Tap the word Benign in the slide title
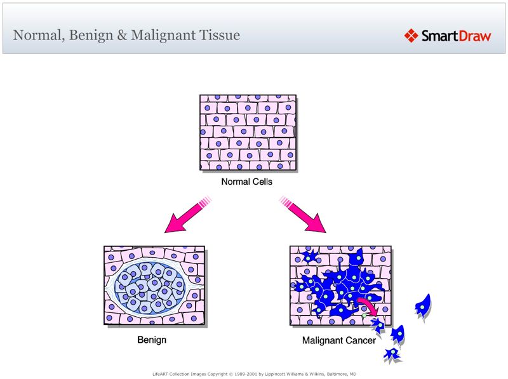click(91, 35)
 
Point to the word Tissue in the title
click(220, 35)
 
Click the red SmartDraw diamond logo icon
click(411, 36)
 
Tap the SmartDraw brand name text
click(457, 36)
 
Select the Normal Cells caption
click(247, 182)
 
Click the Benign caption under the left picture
click(152, 340)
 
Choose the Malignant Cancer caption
click(338, 340)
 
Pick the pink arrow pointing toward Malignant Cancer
click(305, 215)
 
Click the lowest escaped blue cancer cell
click(391, 354)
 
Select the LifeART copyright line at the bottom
click(254, 374)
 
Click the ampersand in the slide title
click(122, 35)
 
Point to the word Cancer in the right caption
click(361, 340)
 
